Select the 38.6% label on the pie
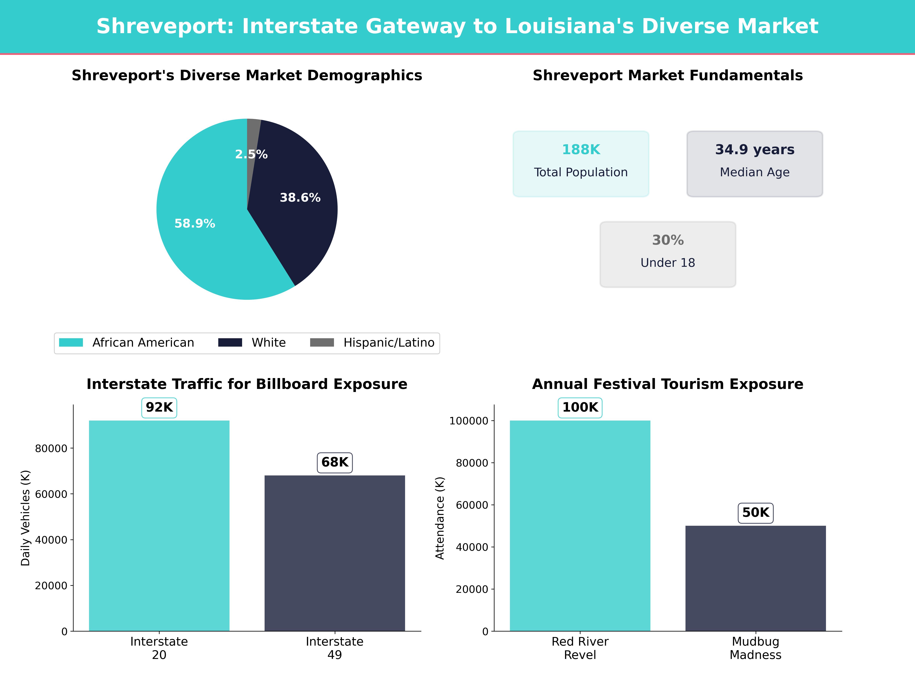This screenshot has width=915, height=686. [x=300, y=198]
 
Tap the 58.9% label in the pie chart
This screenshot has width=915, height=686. [x=194, y=224]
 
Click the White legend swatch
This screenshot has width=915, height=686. [x=230, y=342]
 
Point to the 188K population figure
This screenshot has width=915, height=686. [x=581, y=150]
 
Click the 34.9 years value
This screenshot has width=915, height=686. [x=754, y=150]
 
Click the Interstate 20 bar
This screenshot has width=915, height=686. [x=159, y=525]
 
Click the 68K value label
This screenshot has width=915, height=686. [x=335, y=462]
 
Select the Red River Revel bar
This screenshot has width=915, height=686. [x=580, y=525]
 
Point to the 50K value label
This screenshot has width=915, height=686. [x=755, y=513]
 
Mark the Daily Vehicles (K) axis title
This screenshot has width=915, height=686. [x=26, y=518]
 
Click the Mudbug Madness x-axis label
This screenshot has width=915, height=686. [x=755, y=648]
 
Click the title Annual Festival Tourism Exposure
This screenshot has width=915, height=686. [x=668, y=384]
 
